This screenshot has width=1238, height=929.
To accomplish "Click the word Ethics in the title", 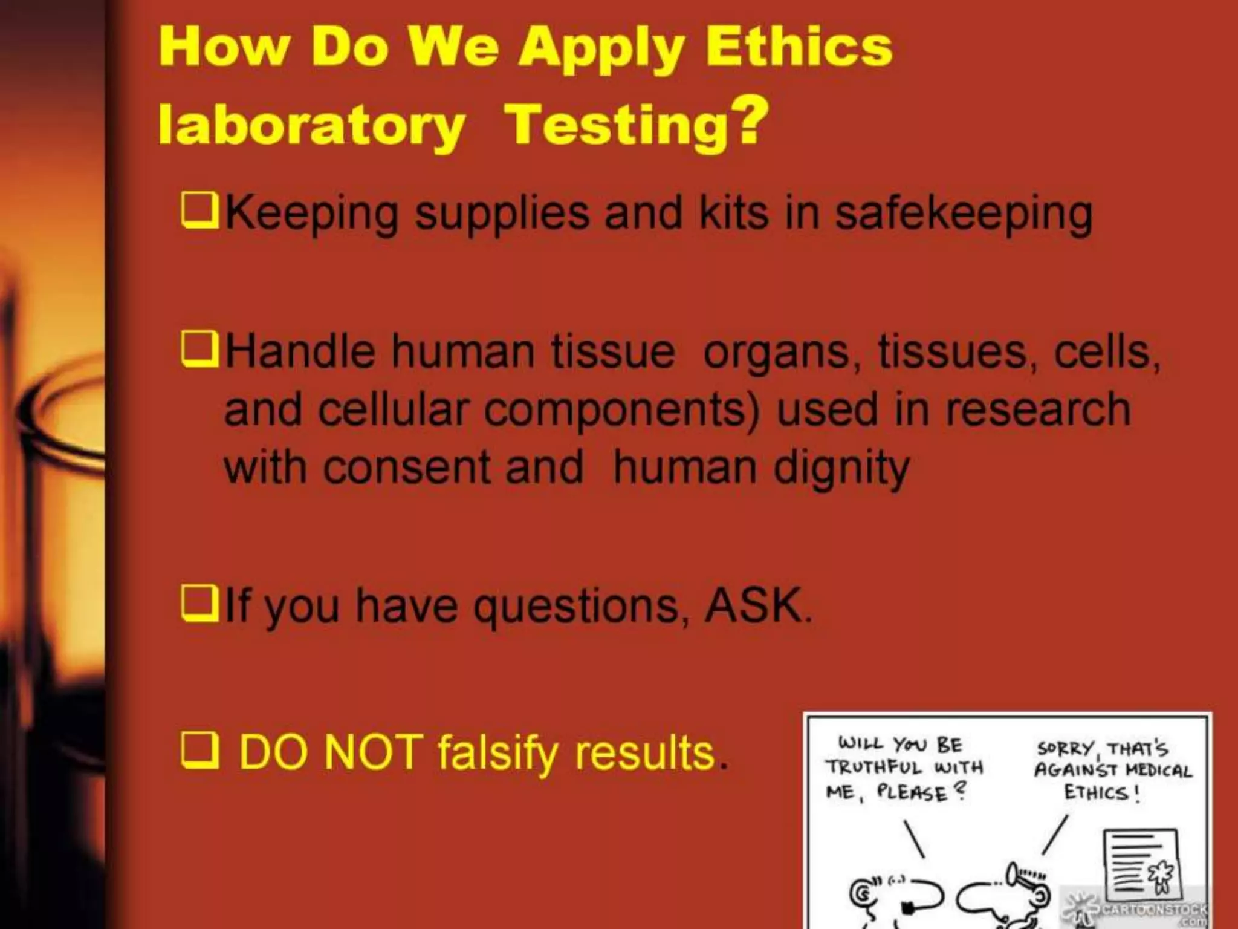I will pyautogui.click(x=800, y=47).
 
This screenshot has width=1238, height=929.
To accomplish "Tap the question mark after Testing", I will pyautogui.click(x=750, y=121).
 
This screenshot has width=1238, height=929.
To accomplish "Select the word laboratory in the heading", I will pyautogui.click(x=311, y=126).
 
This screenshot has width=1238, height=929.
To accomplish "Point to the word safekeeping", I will pyautogui.click(x=964, y=215).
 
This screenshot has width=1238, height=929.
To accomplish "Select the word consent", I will pyautogui.click(x=407, y=468).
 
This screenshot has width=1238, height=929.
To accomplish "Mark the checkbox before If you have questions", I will pyautogui.click(x=199, y=604).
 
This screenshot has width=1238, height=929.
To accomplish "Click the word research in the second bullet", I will pyautogui.click(x=1038, y=410).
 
